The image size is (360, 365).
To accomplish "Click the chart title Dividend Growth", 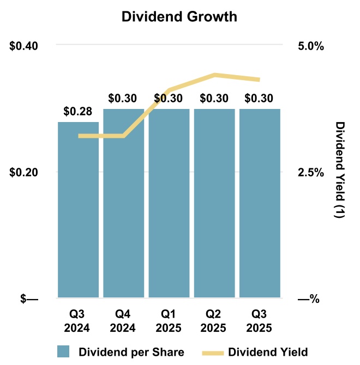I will point(179,17).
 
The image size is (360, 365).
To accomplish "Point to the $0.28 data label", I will point(78,112).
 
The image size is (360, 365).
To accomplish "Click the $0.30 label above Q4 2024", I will point(123,99).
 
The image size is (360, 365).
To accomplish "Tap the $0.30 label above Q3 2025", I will point(260,99).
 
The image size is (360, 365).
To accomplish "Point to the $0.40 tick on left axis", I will point(24,45).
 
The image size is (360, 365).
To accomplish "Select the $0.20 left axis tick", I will point(24,172).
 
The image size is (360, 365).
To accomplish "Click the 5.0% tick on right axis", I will point(310,45).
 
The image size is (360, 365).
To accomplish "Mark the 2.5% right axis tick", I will point(310,172).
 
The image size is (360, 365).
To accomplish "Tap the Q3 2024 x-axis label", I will point(79,322).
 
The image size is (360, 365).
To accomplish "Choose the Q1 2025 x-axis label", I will point(169,322).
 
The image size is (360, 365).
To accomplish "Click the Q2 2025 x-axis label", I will point(214,322).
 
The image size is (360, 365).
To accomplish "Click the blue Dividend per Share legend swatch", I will point(64,351).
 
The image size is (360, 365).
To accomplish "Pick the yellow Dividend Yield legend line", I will point(213,351).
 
